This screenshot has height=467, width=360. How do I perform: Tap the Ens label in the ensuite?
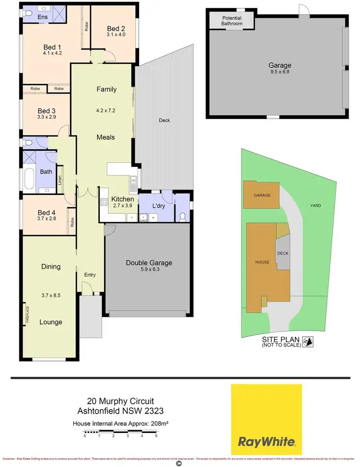(x=43, y=17)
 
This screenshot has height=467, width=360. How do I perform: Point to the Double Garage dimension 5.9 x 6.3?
(x=149, y=270)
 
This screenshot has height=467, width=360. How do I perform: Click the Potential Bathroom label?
(x=232, y=21)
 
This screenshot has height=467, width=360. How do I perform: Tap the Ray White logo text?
(x=267, y=441)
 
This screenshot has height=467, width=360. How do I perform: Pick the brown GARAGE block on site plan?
(x=262, y=195)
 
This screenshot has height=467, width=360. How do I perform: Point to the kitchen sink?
(x=133, y=182)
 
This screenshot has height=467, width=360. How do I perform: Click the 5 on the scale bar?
(x=156, y=436)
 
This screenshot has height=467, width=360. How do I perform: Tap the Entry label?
(x=90, y=275)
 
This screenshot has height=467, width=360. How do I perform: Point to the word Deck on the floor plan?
(x=164, y=120)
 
